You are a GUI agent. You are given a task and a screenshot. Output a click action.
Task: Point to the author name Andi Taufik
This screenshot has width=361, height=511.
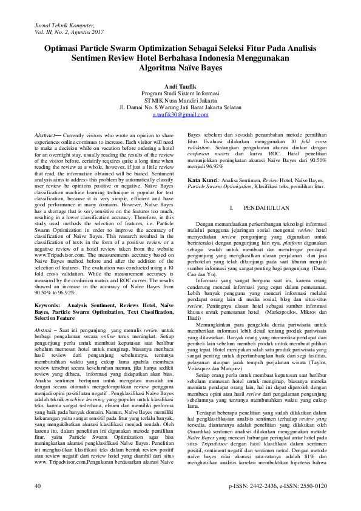click(x=180, y=87)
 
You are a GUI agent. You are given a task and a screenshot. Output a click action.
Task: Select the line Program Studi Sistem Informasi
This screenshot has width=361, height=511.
click(x=180, y=93)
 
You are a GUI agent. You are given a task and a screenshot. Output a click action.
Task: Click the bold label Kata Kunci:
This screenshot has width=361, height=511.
click(x=203, y=181)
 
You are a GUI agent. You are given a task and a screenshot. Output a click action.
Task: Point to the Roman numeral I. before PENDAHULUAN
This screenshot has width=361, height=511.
click(x=233, y=208)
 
